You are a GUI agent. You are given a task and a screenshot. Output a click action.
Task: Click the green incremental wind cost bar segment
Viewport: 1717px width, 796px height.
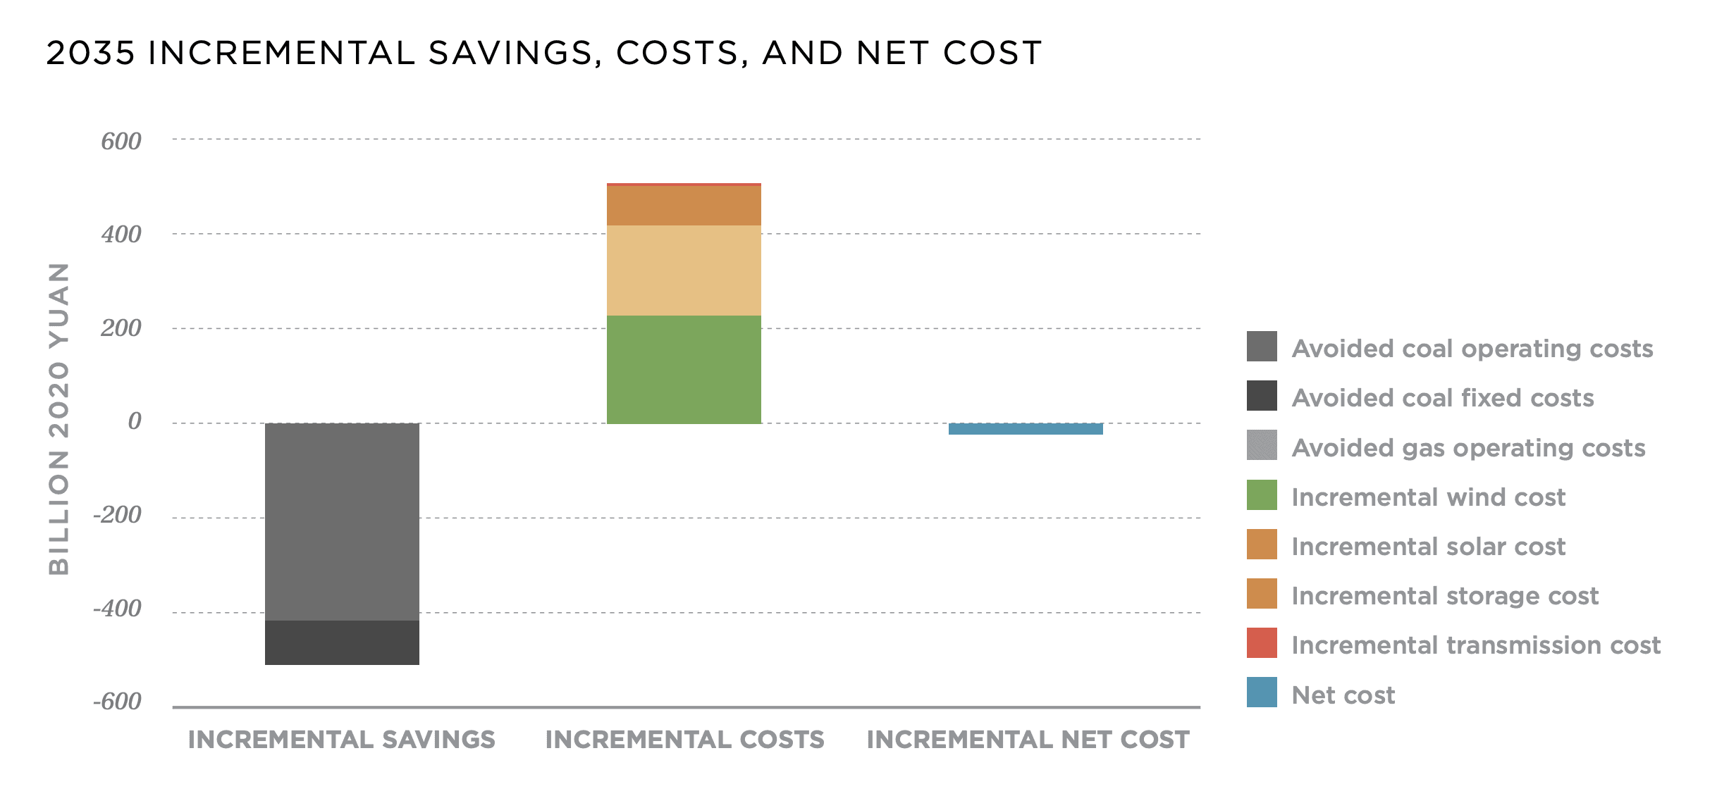click(684, 369)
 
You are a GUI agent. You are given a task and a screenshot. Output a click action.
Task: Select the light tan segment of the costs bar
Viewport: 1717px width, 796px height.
click(684, 270)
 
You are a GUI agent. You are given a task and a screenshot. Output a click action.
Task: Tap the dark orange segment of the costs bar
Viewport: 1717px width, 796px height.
click(684, 206)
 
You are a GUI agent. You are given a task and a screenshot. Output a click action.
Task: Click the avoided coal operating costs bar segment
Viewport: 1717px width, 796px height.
click(342, 521)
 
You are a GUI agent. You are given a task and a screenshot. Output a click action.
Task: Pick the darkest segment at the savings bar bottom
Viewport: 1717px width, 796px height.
click(342, 642)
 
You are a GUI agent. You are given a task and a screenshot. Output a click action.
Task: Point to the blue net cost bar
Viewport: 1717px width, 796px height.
click(1026, 429)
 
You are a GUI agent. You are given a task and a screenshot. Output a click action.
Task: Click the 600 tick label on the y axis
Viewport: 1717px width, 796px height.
click(121, 142)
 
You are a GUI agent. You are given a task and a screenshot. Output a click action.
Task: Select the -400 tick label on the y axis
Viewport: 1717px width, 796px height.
click(118, 609)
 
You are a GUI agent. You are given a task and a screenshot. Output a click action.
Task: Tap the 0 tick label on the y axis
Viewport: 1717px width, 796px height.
click(134, 421)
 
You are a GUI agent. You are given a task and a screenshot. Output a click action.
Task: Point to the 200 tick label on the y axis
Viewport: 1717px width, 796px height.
click(121, 328)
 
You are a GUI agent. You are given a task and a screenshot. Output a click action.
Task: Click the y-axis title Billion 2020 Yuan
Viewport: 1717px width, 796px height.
click(59, 419)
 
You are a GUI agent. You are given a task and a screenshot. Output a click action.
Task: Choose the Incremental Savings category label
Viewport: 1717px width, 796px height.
click(342, 740)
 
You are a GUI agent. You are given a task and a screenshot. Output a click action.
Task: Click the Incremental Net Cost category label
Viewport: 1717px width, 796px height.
click(1028, 740)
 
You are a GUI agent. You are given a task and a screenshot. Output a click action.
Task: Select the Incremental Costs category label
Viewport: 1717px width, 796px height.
click(684, 740)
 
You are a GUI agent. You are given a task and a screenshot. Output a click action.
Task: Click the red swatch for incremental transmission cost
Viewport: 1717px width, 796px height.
click(1262, 643)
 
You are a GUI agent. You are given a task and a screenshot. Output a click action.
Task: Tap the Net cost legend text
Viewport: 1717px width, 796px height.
click(1343, 695)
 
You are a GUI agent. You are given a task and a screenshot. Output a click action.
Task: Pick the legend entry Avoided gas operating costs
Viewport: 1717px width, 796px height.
click(1468, 448)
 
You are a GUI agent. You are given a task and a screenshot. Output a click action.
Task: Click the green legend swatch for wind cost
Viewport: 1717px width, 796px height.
click(1262, 495)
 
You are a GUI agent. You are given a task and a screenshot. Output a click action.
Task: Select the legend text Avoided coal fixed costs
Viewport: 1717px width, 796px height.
click(1443, 398)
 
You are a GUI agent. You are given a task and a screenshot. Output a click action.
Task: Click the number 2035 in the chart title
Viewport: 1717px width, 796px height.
click(90, 54)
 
